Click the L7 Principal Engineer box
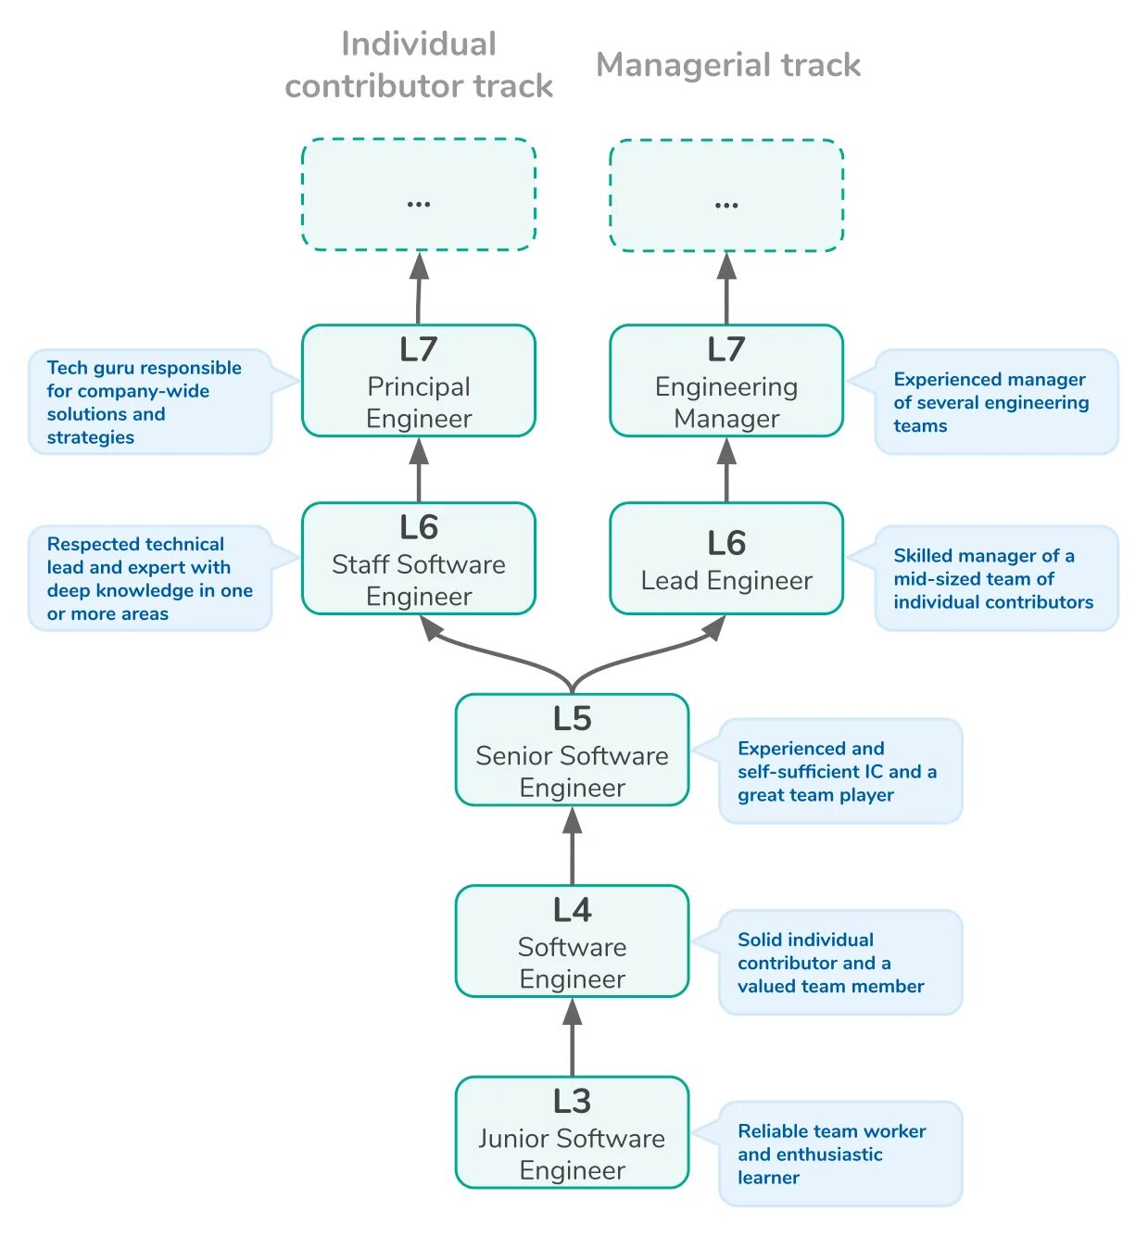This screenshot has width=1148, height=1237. (419, 381)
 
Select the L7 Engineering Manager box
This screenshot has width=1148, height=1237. (726, 381)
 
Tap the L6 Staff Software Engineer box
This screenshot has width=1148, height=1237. (419, 559)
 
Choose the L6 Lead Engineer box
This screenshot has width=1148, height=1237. (726, 559)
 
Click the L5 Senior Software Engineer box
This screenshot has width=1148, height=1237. (573, 751)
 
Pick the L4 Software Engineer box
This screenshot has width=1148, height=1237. (573, 941)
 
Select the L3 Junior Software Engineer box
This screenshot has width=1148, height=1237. (573, 1132)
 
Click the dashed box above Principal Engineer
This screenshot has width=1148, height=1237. (419, 195)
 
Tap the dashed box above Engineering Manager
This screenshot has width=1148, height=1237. (726, 195)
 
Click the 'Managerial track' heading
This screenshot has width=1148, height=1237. (728, 65)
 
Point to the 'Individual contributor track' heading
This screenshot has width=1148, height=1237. (419, 65)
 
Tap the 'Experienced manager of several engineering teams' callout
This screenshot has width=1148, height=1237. (996, 402)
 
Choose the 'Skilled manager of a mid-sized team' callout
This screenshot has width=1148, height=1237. (996, 579)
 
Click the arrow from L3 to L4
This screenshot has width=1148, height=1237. (573, 1038)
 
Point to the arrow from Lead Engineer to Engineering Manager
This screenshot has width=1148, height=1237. (726, 470)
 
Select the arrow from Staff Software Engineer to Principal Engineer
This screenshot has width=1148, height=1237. (419, 470)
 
